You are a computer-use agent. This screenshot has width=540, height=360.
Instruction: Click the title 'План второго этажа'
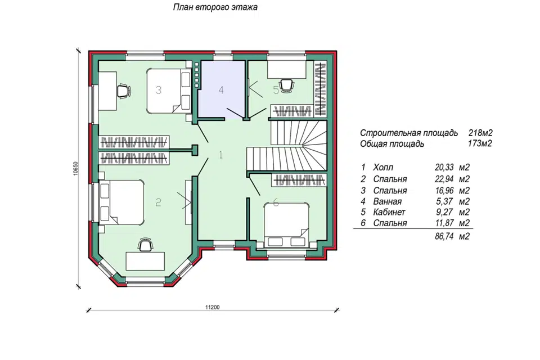(215, 7)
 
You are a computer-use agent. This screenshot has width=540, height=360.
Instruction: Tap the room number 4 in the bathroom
(221, 90)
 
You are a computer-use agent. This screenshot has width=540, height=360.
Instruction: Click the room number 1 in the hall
(220, 155)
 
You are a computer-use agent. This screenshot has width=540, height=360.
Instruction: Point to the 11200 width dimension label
(212, 307)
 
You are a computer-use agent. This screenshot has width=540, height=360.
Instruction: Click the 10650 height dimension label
(76, 168)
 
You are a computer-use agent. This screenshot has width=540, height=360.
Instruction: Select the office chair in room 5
(286, 85)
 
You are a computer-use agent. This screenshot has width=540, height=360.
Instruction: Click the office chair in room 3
(123, 91)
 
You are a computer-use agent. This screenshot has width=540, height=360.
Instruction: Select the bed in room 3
(169, 91)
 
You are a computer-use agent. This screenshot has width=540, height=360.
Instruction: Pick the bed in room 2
(122, 202)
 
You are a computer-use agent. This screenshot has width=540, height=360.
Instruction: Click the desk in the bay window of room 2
(145, 261)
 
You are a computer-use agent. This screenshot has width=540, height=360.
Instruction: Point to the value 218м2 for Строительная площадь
(480, 133)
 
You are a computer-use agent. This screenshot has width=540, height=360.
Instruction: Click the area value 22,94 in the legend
(444, 179)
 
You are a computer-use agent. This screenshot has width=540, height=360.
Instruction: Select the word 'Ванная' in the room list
(388, 201)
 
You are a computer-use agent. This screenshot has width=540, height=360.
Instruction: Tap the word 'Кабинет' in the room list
(389, 212)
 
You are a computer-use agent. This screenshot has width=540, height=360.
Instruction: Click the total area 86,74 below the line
(444, 236)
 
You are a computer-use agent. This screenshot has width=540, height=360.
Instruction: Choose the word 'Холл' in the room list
(383, 168)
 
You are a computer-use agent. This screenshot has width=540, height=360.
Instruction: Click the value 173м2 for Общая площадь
(480, 143)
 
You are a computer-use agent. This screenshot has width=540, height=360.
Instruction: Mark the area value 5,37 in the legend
(445, 201)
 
